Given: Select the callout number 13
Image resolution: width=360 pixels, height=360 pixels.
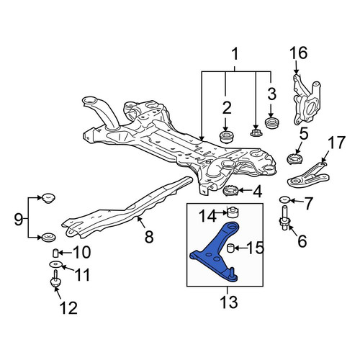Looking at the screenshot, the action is [x=229, y=302].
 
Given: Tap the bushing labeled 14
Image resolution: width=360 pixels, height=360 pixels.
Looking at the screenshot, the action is [x=233, y=212].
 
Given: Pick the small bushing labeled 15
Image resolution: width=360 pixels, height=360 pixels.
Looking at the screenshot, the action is [x=230, y=248].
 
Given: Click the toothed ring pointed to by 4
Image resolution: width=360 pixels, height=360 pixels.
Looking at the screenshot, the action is [x=230, y=191].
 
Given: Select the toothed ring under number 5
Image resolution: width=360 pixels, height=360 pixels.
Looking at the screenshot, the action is [x=296, y=160].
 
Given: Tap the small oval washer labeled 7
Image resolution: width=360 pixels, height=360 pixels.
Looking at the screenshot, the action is [x=284, y=199].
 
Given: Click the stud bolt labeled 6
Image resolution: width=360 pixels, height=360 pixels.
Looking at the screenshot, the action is [x=284, y=218].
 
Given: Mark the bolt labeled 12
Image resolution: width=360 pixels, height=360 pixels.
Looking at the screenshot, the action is [x=56, y=279].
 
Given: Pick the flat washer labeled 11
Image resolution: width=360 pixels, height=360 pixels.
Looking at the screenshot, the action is [x=55, y=264].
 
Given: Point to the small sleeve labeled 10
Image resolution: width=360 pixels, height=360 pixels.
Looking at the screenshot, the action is [x=55, y=253].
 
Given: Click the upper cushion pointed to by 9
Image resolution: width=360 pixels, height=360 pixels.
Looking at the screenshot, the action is [x=48, y=199].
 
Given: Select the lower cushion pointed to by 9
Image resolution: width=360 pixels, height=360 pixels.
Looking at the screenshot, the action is [x=49, y=237].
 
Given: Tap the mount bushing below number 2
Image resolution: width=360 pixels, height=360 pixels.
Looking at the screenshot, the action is [x=227, y=137].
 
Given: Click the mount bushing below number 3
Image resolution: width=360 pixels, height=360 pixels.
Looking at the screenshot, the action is [x=272, y=124].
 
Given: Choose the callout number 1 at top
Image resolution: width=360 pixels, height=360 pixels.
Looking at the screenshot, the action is [x=235, y=54].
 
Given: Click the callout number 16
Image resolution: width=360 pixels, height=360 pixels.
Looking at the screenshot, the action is [x=298, y=53].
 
